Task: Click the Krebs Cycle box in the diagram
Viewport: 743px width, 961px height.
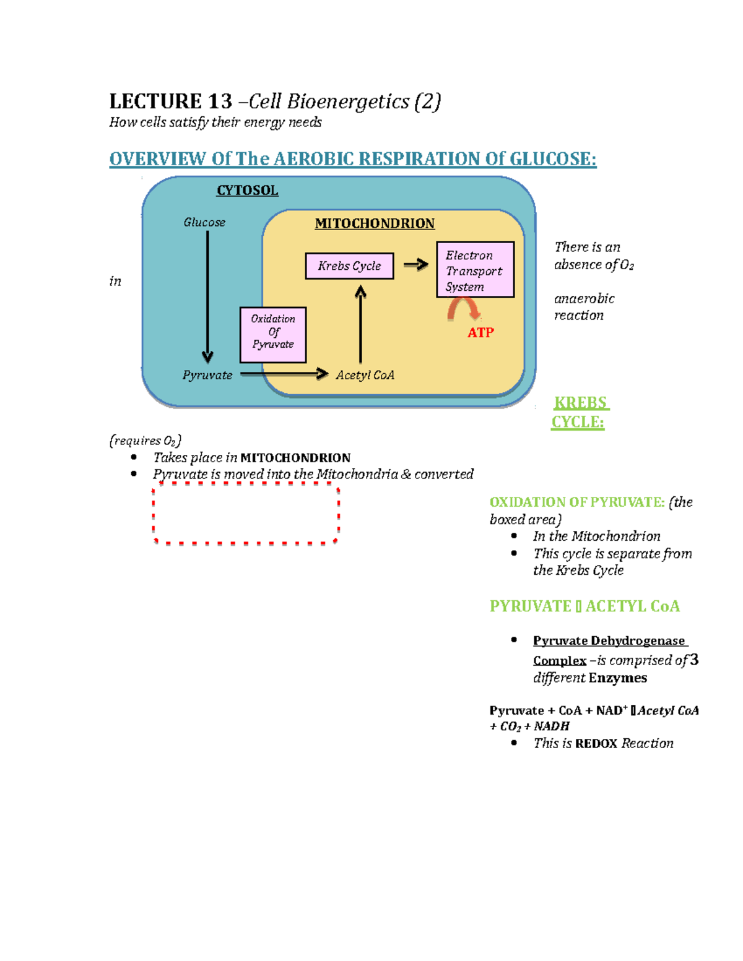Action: point(349,266)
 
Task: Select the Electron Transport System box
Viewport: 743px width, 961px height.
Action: point(475,270)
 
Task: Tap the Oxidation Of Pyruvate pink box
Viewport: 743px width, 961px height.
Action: point(273,334)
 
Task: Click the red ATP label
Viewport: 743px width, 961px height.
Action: point(480,333)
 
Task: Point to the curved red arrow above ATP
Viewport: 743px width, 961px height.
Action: point(464,308)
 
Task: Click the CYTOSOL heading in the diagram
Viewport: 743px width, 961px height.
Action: point(247,191)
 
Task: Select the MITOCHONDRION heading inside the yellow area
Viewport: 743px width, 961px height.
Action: point(375,223)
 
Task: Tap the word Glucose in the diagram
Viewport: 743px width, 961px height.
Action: point(204,222)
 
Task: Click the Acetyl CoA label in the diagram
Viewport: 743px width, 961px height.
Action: point(365,375)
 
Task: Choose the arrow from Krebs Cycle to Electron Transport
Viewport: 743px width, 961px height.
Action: point(416,265)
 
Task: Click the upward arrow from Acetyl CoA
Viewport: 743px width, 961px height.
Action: point(360,325)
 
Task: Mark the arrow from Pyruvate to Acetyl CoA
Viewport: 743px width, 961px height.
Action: point(284,374)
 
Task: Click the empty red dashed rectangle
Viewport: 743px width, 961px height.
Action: point(246,515)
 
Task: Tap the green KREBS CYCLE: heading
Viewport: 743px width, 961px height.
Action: point(579,412)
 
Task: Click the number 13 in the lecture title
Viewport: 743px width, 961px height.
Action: point(220,101)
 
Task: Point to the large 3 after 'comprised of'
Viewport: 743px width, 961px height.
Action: point(694,660)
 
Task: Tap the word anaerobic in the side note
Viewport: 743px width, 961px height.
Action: point(584,299)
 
